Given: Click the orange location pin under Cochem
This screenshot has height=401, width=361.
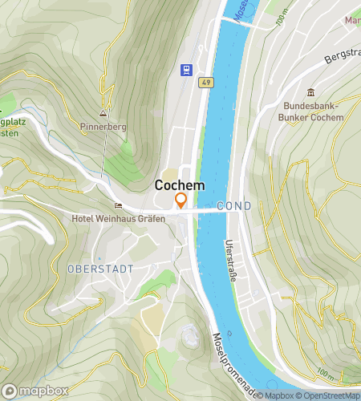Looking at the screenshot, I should point(181,200).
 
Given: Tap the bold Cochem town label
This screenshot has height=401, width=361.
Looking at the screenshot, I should point(179,185).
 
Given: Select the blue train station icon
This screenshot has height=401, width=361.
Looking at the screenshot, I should point(187,71).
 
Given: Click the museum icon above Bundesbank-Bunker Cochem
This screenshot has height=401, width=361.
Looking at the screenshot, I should point(311,92).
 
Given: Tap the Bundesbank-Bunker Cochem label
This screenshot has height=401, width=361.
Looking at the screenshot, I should point(313,111).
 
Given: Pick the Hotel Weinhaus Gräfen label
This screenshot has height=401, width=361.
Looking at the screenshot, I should point(118,219).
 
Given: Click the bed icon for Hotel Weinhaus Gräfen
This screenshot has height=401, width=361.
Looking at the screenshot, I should point(118,205).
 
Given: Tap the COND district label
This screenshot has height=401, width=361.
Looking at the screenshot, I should point(233,206).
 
